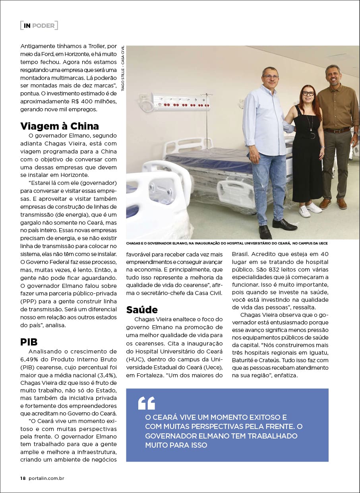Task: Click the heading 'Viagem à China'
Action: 60,126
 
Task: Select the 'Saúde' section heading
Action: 142,310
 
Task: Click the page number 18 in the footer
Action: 23,478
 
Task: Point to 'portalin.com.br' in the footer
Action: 46,478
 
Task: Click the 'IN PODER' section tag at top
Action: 39,25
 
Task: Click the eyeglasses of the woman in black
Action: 308,93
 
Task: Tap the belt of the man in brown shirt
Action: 337,130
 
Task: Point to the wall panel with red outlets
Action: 175,103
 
